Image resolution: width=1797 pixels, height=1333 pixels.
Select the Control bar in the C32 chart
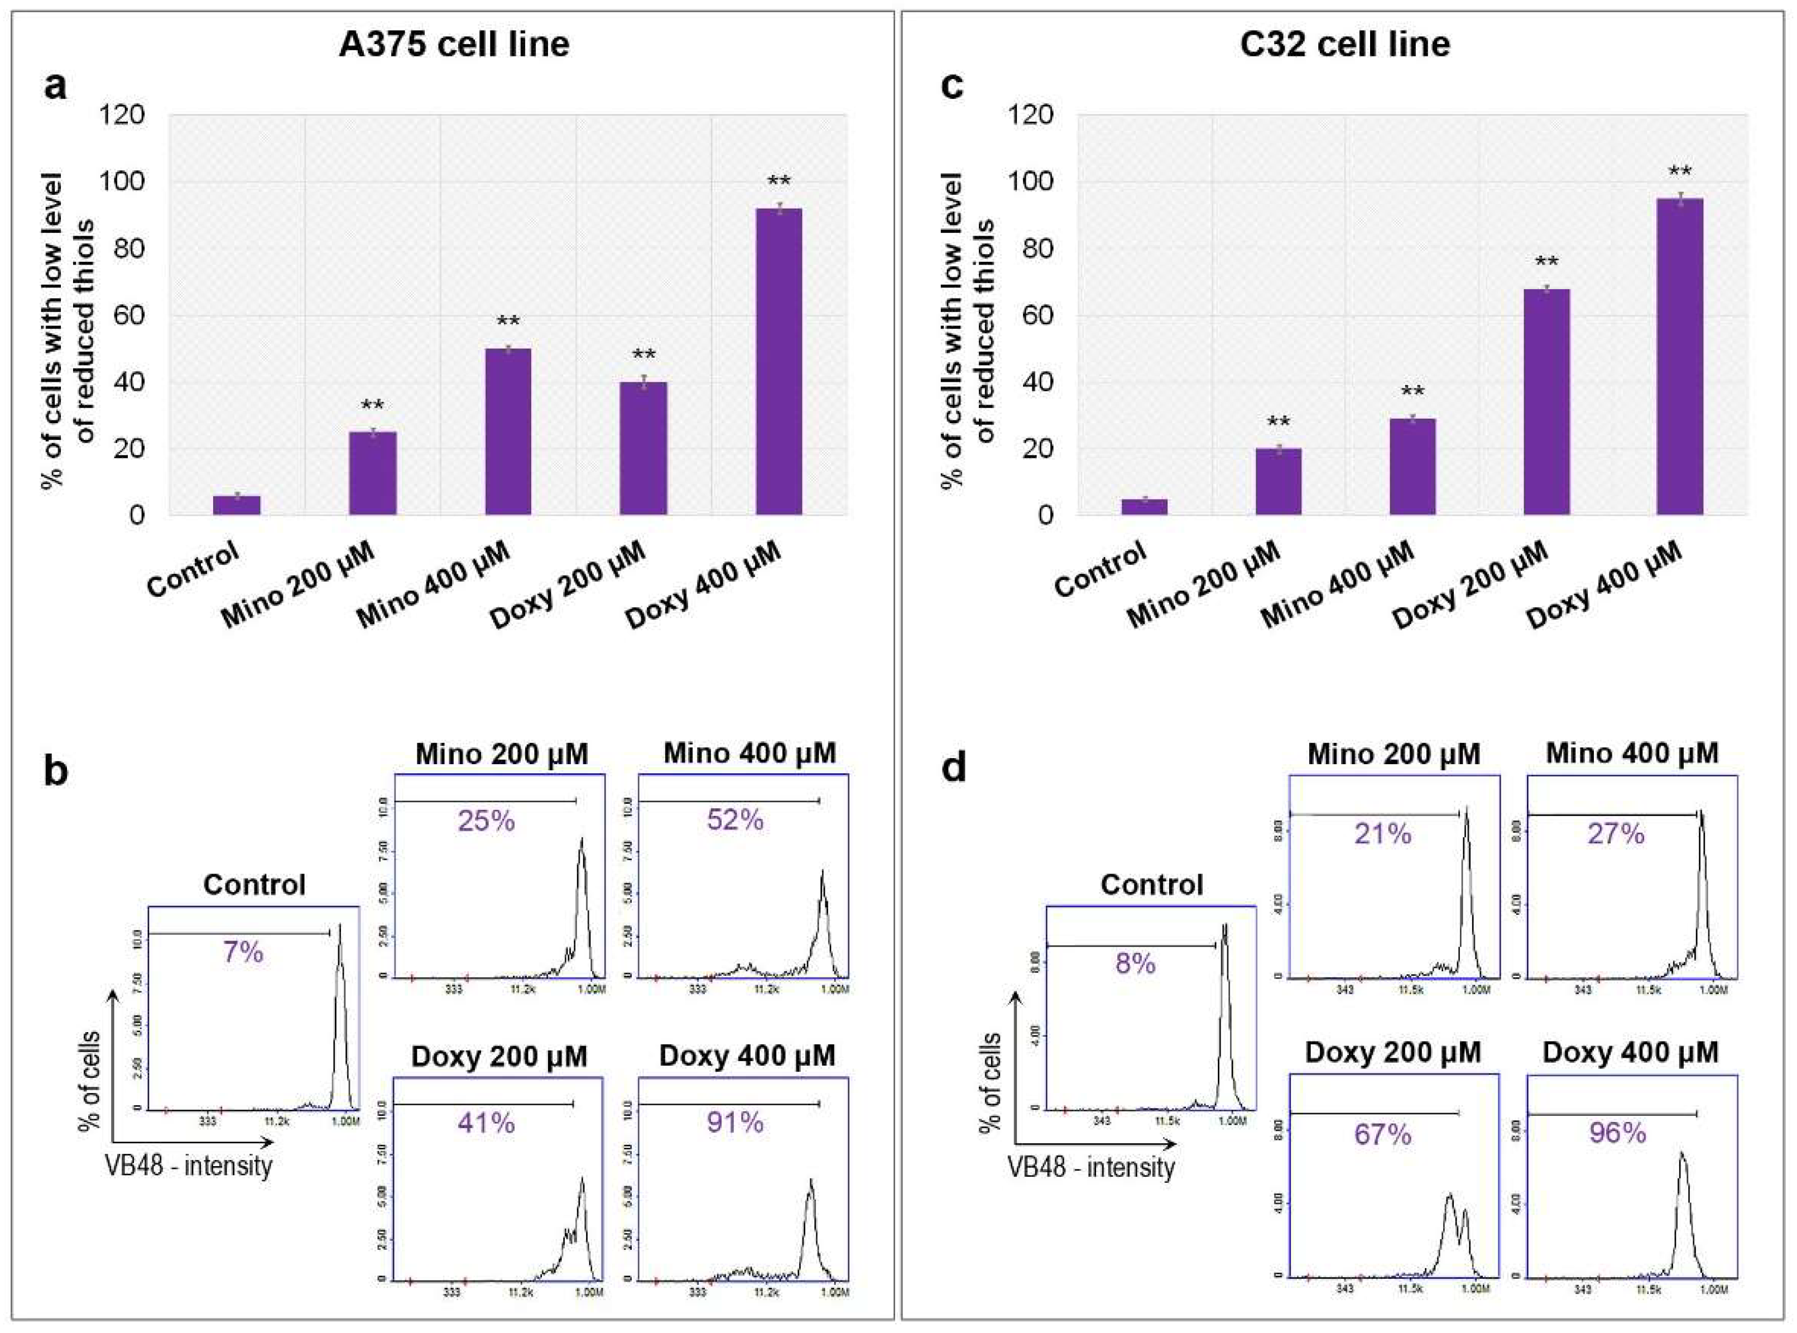click(1143, 507)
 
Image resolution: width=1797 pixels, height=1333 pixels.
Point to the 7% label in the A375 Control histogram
click(243, 953)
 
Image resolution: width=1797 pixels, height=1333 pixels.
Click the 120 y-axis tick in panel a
click(123, 116)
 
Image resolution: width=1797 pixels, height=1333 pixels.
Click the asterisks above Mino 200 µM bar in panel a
click(373, 406)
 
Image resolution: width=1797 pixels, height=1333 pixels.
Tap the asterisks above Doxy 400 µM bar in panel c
click(1679, 172)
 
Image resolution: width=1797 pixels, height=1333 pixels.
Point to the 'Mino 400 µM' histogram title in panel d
click(1632, 753)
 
